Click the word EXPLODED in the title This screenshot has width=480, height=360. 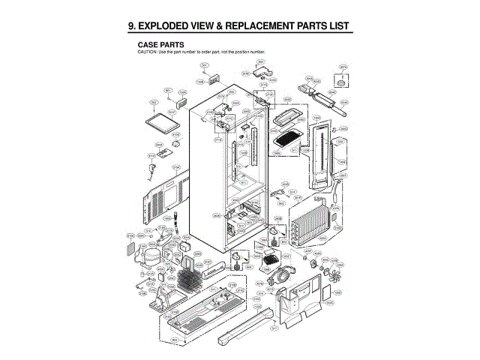166,27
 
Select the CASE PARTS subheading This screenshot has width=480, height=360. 161,44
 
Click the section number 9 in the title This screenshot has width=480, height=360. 131,27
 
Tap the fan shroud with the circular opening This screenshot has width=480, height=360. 283,273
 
